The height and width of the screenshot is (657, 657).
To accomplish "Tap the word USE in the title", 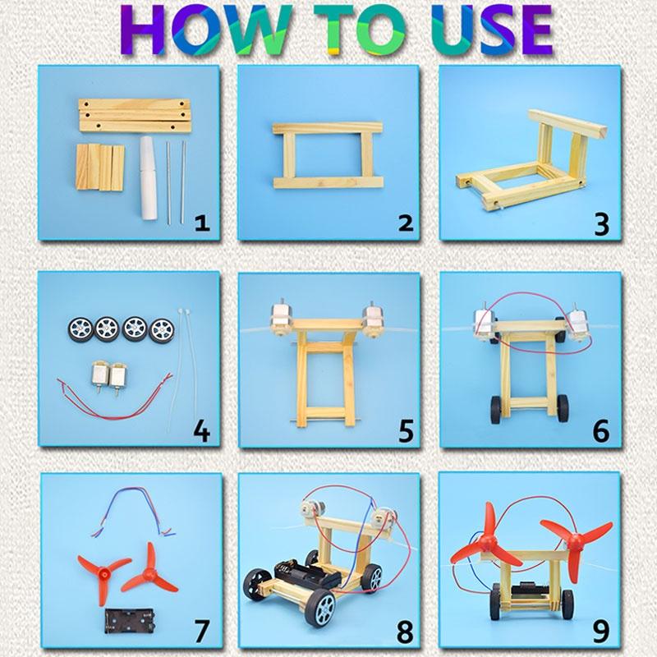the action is [x=494, y=30].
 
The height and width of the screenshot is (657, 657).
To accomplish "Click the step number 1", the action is [x=202, y=223].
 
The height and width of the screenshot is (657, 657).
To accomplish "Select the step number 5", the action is [x=406, y=430].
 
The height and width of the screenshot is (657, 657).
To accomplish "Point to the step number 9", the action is [x=601, y=632].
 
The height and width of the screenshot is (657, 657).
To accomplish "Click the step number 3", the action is [x=602, y=224].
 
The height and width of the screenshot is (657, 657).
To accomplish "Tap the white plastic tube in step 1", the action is [x=149, y=177].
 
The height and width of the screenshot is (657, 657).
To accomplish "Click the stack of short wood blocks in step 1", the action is [x=100, y=168].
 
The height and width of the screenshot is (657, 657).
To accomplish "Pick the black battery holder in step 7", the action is [x=131, y=621].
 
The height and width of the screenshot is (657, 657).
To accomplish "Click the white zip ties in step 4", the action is [x=182, y=369].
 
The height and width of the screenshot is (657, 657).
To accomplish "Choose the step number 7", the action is [x=201, y=631].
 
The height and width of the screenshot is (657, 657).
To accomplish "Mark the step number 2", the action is [x=405, y=223].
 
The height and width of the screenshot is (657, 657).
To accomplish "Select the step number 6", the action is [x=601, y=430].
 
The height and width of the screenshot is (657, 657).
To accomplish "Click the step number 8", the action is [x=405, y=632].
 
